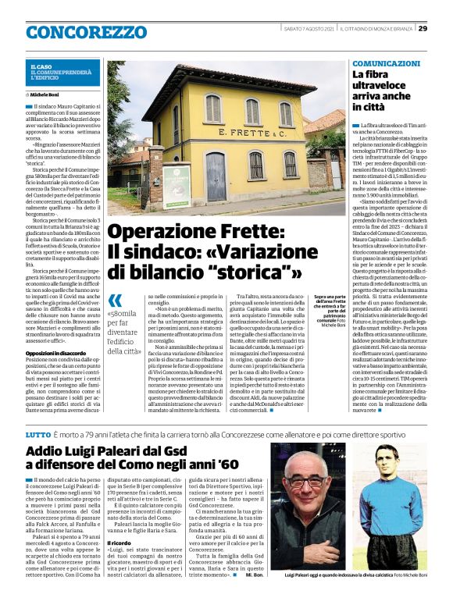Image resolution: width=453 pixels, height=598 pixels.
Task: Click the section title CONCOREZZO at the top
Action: click(x=86, y=32)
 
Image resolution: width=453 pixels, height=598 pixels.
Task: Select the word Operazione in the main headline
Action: click(x=156, y=232)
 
